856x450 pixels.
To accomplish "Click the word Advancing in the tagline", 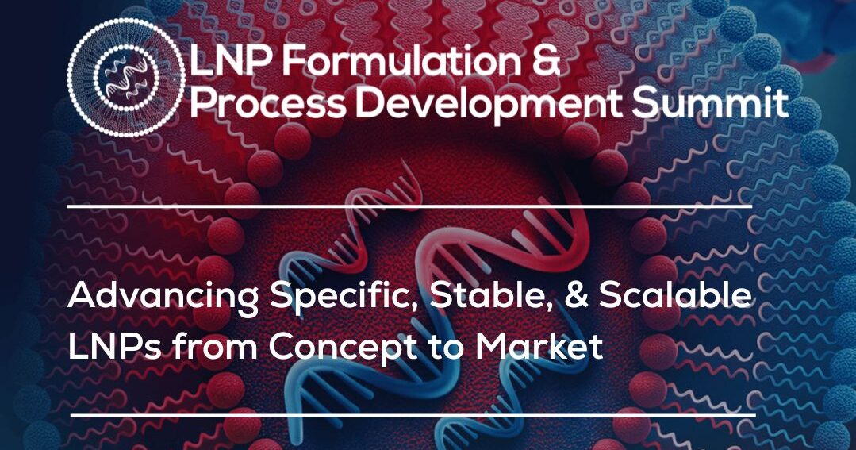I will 164,298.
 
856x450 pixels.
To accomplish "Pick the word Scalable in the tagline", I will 674,298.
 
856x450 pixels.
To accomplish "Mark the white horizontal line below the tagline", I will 413,414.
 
